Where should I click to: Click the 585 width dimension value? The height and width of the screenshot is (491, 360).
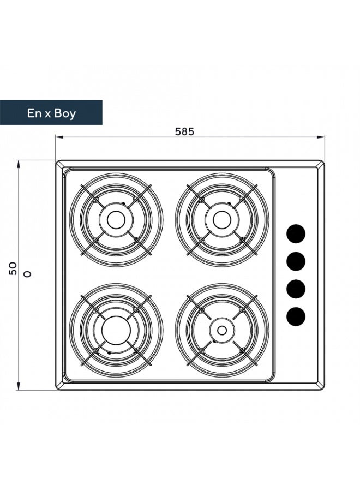(x=184, y=131)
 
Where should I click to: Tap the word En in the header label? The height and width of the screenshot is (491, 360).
(x=34, y=113)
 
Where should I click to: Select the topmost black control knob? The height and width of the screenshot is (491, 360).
(x=296, y=234)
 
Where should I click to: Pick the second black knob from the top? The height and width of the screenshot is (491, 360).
(x=296, y=261)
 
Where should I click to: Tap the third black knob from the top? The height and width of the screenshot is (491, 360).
(x=296, y=289)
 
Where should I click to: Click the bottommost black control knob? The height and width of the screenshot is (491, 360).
(x=296, y=316)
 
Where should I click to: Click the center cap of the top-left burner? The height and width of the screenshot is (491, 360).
(x=116, y=220)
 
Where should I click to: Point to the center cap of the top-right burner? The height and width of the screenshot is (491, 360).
(x=222, y=220)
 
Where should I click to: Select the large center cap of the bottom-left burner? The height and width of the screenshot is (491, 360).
(x=116, y=331)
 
